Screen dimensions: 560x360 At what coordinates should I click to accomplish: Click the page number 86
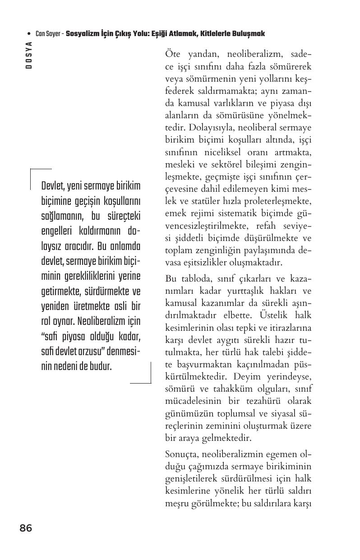click(26, 528)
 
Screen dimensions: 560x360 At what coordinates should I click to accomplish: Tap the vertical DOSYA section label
click(29, 54)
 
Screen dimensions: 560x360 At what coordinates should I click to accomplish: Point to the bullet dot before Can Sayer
click(29, 34)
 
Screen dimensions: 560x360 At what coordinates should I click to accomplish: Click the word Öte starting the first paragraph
click(173, 55)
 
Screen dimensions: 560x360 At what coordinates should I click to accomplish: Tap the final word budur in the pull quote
click(101, 366)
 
